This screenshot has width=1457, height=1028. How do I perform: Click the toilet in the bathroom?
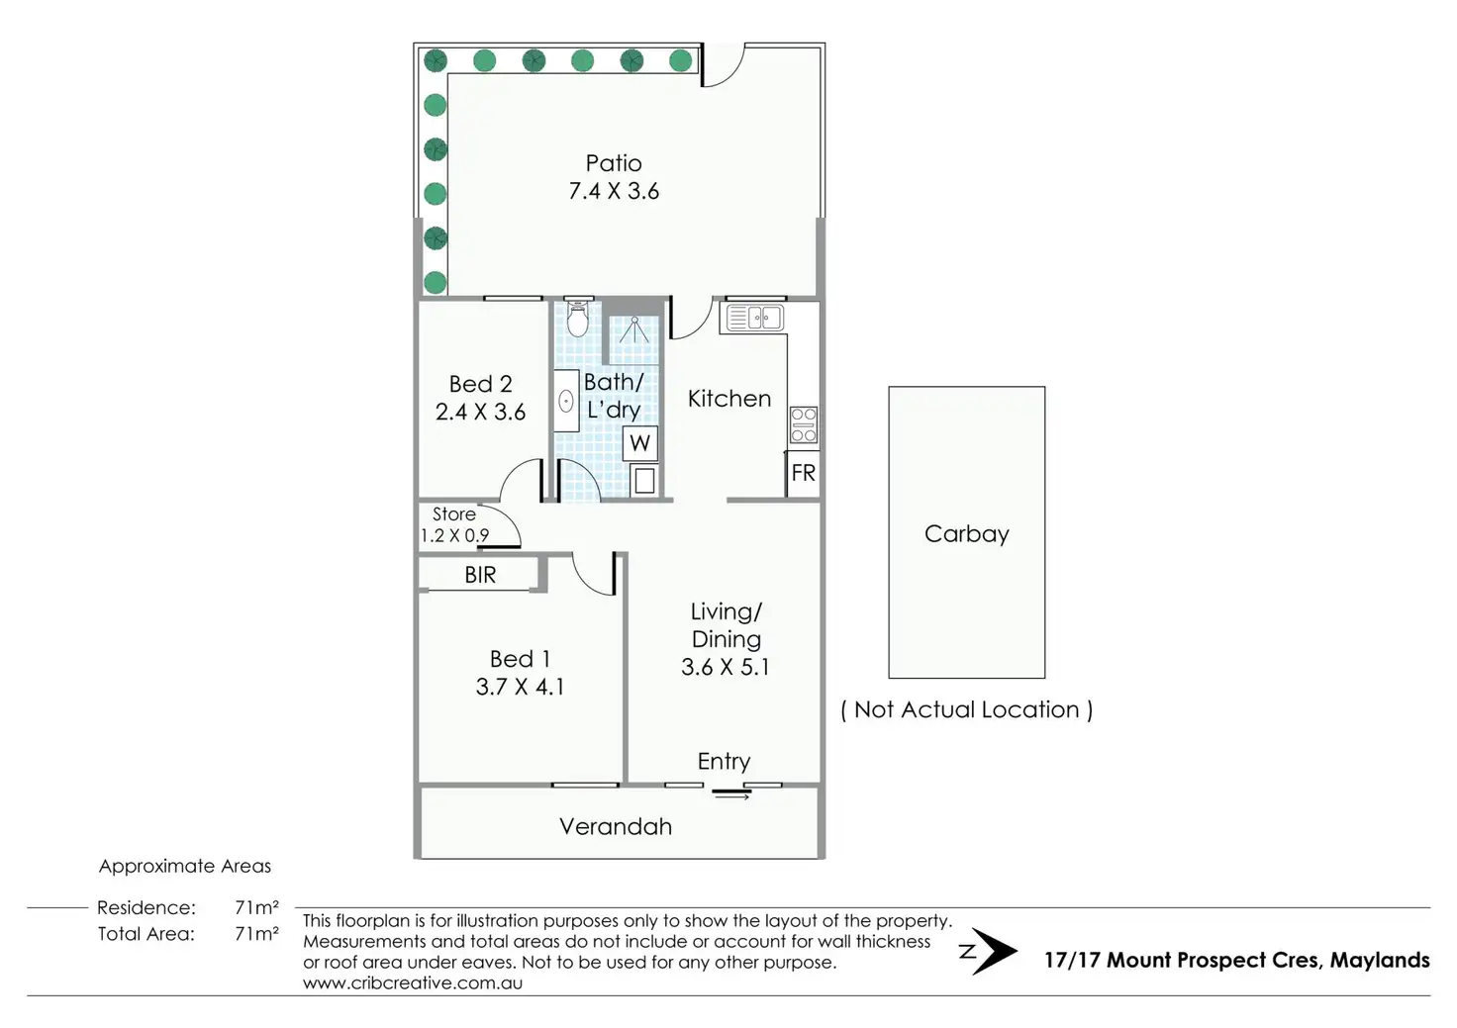[578, 320]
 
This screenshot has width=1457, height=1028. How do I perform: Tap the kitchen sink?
[754, 318]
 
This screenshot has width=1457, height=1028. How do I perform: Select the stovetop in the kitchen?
[804, 424]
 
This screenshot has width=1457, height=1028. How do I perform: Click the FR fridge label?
[803, 473]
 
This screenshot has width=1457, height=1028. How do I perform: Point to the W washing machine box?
[640, 443]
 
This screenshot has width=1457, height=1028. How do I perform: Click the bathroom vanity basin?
[566, 401]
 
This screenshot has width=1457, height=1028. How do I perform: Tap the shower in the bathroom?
[633, 330]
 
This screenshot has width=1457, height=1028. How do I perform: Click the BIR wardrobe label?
[480, 575]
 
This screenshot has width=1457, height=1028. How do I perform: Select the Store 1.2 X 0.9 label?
[454, 524]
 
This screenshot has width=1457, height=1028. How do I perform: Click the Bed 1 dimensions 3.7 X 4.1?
[520, 687]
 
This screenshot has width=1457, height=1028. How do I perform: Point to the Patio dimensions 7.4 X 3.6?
[614, 191]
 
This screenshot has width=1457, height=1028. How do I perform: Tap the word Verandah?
[616, 826]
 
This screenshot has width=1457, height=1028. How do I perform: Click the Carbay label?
[967, 533]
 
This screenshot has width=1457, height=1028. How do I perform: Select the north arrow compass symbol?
[988, 952]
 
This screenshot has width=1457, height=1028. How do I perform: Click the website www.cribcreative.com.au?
[413, 982]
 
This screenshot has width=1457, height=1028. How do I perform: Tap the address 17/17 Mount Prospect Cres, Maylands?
[1236, 960]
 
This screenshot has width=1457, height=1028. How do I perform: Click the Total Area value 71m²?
[256, 933]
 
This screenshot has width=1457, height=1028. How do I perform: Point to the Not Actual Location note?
[967, 709]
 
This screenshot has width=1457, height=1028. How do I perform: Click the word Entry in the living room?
[724, 761]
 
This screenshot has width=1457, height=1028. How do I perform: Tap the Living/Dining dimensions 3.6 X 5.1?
[726, 667]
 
